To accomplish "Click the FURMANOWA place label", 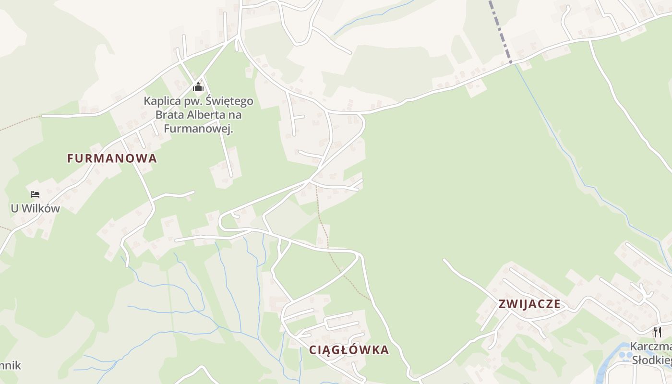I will click(112, 158).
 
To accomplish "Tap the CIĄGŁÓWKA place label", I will click(349, 350).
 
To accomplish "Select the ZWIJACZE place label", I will click(529, 304).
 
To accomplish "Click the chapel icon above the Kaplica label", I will click(198, 87).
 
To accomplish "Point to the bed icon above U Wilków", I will click(35, 194).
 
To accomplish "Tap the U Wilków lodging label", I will click(35, 208).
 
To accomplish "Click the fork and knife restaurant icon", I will click(658, 332).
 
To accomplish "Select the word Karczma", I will click(650, 347).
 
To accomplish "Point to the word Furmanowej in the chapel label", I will click(198, 129).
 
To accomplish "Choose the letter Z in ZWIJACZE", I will click(503, 304).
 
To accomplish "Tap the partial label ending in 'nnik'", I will click(11, 365).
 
